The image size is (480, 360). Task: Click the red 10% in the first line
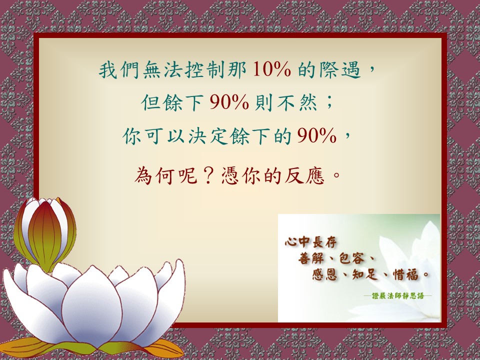272,70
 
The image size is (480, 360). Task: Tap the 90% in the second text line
229,102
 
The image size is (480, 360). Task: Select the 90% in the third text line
317,135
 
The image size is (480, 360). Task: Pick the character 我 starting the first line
108,70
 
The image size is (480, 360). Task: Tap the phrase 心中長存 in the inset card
310,242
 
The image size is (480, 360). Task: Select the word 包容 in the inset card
351,258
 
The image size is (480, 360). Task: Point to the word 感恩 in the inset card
324,274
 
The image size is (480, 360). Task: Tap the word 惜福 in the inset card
405,274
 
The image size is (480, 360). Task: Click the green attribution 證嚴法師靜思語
397,296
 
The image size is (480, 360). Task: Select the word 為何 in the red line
155,175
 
